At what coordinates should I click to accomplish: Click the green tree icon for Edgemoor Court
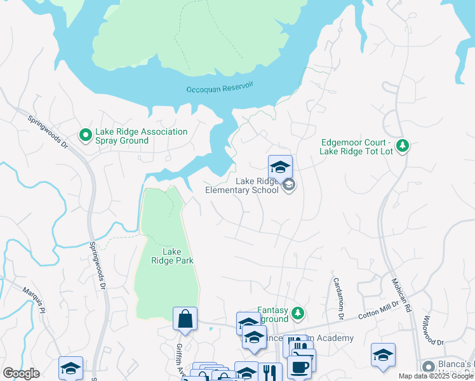click(x=402, y=146)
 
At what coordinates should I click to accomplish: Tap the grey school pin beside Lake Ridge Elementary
click(x=289, y=185)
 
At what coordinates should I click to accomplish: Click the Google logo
click(x=21, y=373)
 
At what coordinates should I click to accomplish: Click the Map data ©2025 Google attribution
click(x=436, y=376)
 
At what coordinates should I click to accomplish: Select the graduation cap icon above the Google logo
click(x=70, y=368)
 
